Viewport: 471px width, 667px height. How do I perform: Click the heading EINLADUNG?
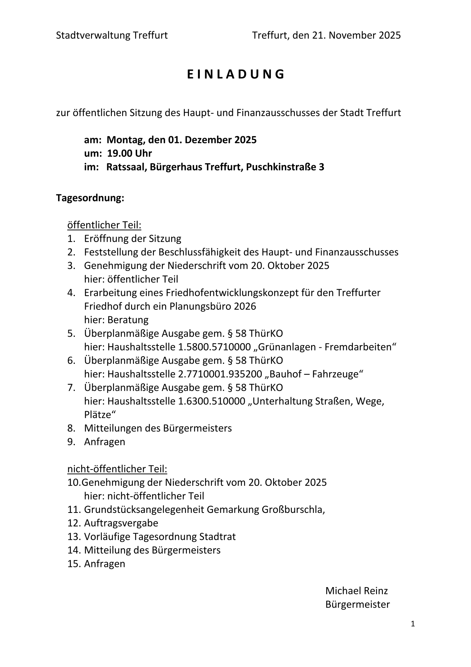click(x=235, y=74)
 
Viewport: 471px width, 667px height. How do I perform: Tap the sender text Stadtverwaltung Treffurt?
click(x=112, y=35)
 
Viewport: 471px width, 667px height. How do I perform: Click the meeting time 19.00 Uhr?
click(x=129, y=153)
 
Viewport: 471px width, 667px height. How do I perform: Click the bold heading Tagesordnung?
click(x=90, y=198)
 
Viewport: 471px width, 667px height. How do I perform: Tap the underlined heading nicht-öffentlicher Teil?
click(x=117, y=469)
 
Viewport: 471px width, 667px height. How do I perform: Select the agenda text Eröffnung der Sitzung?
click(x=133, y=239)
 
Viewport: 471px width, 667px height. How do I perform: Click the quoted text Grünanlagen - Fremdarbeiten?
click(x=325, y=347)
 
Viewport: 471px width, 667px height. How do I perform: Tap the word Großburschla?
click(x=292, y=509)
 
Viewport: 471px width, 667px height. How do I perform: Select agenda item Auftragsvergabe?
click(x=121, y=523)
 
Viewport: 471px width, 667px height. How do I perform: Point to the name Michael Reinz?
click(x=356, y=591)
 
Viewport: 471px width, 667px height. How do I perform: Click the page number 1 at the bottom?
click(x=413, y=624)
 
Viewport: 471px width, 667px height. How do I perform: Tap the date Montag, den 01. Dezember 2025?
click(x=182, y=140)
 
